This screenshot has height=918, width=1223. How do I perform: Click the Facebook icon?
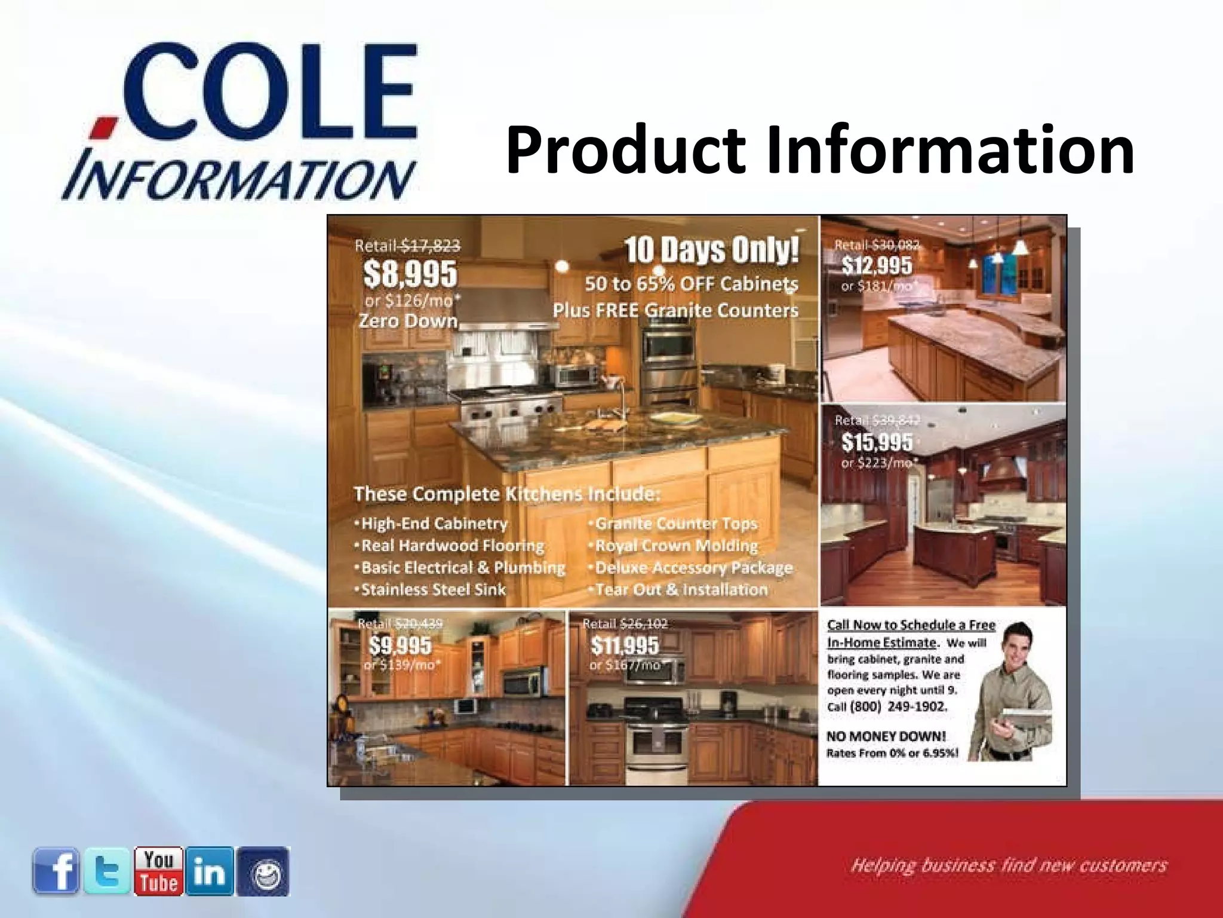click(56, 871)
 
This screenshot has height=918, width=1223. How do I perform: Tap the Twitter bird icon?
click(107, 871)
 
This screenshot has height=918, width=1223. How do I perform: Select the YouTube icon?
click(158, 871)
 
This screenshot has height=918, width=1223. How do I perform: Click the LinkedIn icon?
click(210, 871)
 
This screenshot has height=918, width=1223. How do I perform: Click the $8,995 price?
click(410, 274)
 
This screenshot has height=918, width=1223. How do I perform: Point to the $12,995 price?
click(877, 265)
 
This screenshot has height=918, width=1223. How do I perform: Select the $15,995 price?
click(877, 442)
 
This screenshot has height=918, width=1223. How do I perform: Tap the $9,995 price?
click(400, 645)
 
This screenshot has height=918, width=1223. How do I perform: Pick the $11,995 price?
click(625, 645)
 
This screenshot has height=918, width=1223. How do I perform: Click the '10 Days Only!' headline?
click(711, 251)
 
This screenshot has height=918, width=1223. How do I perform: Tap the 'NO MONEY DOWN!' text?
click(886, 736)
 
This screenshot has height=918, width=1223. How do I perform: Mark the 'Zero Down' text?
click(408, 321)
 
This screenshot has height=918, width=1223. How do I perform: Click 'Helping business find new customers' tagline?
click(1008, 866)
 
